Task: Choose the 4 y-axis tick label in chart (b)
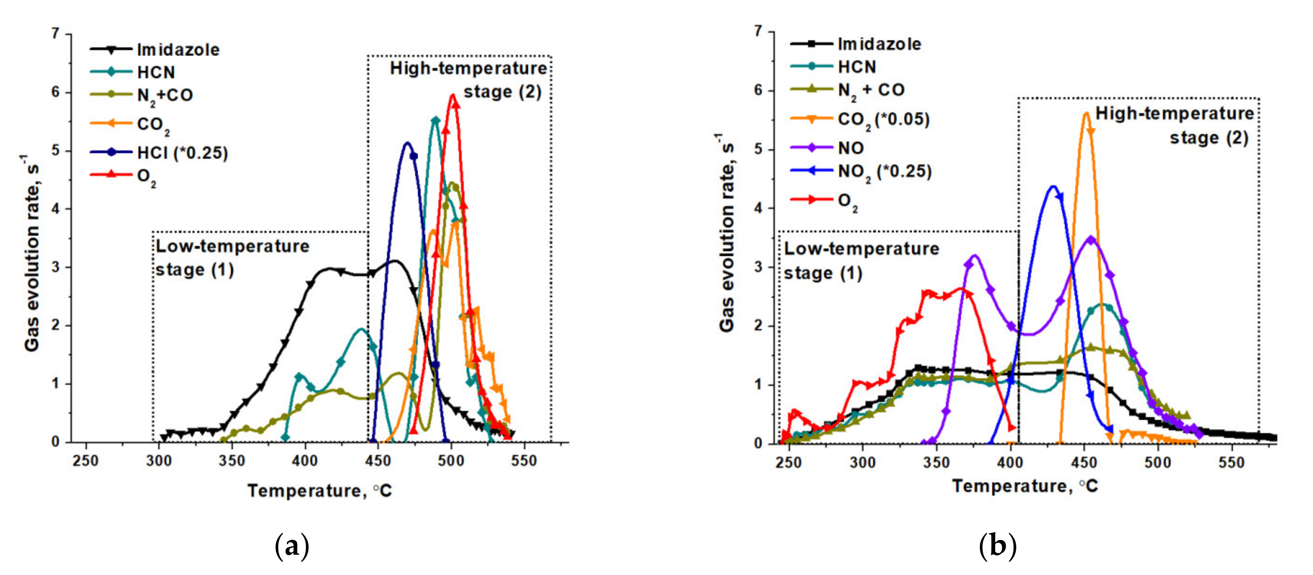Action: pyautogui.click(x=759, y=208)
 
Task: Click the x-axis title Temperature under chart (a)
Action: pyautogui.click(x=320, y=491)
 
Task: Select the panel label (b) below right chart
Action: pyautogui.click(x=998, y=546)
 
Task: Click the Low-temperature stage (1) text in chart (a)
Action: pyautogui.click(x=232, y=258)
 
